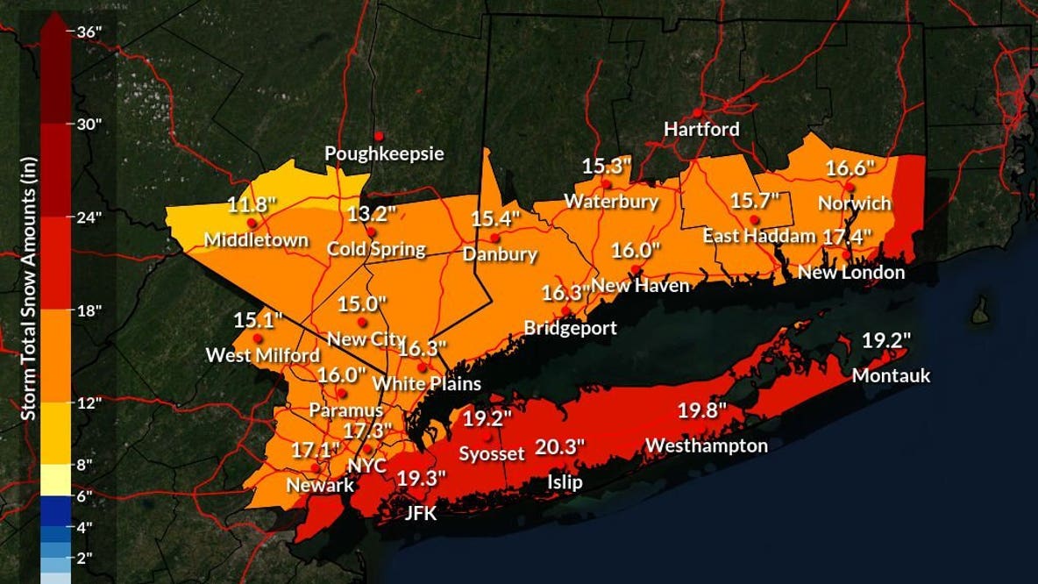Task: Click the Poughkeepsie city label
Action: coord(384,154)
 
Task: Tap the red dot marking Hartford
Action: coord(698,112)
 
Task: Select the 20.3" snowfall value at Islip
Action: coord(560,447)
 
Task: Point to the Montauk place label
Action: coord(891,376)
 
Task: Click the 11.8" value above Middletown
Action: coord(252,205)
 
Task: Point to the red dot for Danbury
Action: coord(494,238)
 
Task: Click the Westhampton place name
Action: coord(707,446)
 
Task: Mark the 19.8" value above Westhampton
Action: coord(703,410)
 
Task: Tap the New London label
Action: coord(850,273)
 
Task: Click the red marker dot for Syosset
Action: coord(489,436)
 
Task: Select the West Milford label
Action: coord(263,356)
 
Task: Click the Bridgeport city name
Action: coord(570,329)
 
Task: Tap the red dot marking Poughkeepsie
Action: coord(380,136)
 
